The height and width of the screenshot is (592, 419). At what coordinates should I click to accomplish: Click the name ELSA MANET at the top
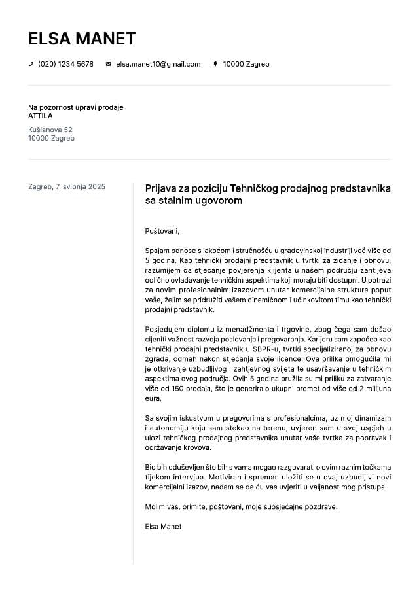tap(82, 39)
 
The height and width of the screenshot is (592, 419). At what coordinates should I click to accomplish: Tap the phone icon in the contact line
tap(31, 64)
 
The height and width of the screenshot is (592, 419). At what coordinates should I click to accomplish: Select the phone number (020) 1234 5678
tap(65, 64)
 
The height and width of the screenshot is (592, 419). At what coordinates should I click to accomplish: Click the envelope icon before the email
tap(108, 64)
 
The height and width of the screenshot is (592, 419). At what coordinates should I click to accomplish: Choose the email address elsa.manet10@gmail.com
tap(158, 64)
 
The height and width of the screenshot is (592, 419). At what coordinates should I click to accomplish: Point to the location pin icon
tap(215, 64)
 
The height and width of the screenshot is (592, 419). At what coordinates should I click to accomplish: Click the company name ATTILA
tap(41, 116)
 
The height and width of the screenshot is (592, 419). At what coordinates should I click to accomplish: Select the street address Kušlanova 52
tap(50, 130)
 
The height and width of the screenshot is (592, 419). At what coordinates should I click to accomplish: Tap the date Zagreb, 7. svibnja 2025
tap(66, 186)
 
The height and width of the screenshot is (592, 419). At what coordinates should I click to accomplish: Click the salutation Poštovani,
tap(162, 230)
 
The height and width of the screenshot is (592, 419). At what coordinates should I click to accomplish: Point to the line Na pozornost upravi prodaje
tap(75, 107)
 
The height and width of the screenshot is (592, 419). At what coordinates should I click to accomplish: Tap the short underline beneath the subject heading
tap(152, 209)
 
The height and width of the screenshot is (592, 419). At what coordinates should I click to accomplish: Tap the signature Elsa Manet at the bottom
tap(163, 526)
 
